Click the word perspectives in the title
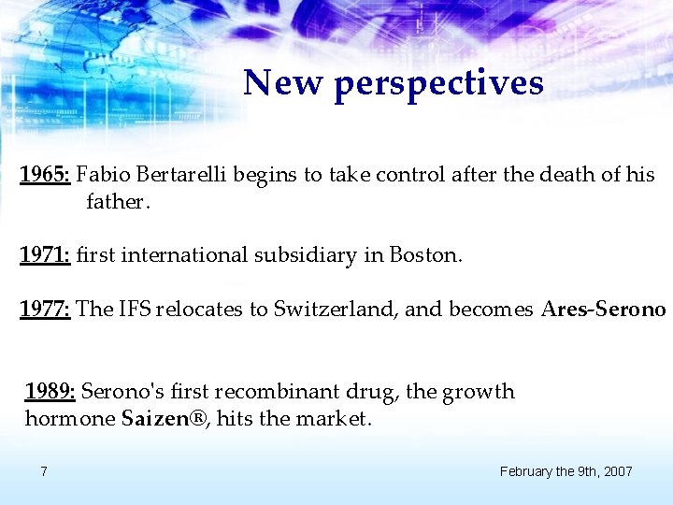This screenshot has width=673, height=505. coord(437,84)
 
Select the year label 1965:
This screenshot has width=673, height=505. coord(45,175)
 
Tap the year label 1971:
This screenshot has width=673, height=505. coord(45,254)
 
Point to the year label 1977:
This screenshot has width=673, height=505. coord(45,309)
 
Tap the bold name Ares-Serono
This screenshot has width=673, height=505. coord(603,309)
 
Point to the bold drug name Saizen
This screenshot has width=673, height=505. coord(154,419)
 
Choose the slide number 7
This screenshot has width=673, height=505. coord(44,471)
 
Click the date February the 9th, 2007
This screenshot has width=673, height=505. coord(566,471)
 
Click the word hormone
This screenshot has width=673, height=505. coord(70,419)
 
